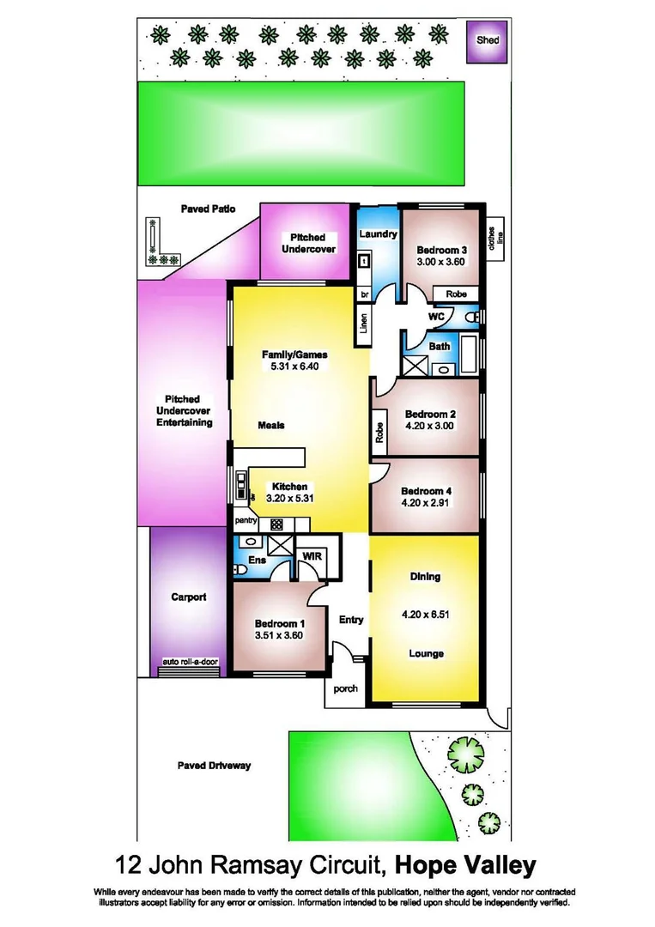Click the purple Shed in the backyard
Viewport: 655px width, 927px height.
(x=487, y=39)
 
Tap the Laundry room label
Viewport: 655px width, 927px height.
(x=378, y=234)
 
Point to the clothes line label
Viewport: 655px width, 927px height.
(x=494, y=238)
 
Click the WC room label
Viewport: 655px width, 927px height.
(x=436, y=316)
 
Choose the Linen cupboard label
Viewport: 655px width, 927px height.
(x=363, y=324)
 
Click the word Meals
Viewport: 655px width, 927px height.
(x=271, y=425)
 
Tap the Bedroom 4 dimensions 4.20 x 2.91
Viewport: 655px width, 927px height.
(x=426, y=505)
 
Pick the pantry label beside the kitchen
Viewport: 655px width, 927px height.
(x=246, y=521)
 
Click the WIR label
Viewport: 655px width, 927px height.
(x=312, y=556)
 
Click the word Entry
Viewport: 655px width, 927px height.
(x=351, y=620)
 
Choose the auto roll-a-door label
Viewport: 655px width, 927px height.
(x=191, y=663)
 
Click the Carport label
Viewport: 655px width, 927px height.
(x=188, y=597)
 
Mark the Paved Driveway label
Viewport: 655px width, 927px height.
(x=214, y=765)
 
